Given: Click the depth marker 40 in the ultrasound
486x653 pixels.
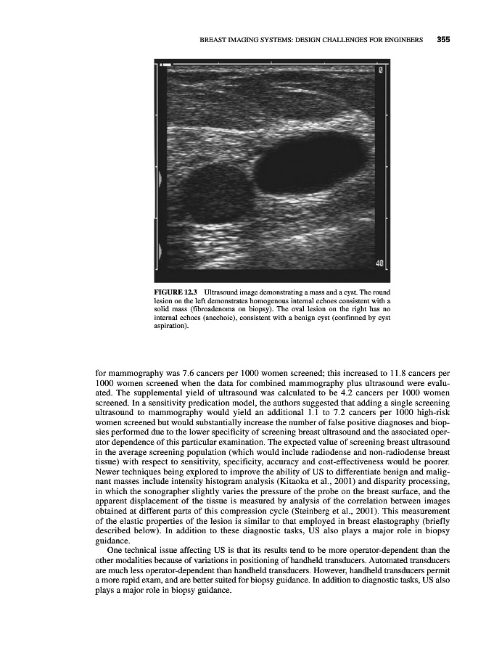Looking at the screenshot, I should click(x=379, y=262).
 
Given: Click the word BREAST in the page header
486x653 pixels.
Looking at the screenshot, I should click(x=215, y=40).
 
